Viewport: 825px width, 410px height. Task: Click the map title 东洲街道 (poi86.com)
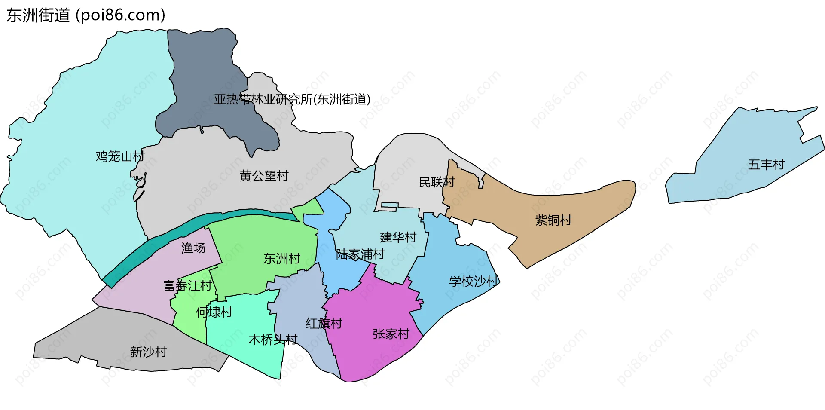coord(86,15)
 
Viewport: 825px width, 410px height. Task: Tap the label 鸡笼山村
coord(120,156)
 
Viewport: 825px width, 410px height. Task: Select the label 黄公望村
coord(264,176)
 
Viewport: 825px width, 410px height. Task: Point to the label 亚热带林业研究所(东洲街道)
coord(292,100)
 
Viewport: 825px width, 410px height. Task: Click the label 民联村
coord(437,182)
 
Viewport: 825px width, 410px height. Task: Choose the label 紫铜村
coord(553,220)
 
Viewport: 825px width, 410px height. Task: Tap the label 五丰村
coord(766,165)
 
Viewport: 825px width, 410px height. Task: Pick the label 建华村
coord(398,237)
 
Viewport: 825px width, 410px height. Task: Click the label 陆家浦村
coord(360,254)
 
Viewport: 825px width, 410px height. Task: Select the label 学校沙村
coord(474,281)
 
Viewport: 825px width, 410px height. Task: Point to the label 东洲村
coord(281,259)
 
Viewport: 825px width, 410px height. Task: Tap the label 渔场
coord(193,248)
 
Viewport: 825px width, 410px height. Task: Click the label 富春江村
coord(188,286)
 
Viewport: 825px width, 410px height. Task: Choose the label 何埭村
coord(214,312)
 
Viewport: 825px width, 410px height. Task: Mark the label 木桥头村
coord(273,340)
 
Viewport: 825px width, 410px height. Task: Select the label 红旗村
coord(324,324)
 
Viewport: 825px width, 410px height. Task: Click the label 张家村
coord(391,334)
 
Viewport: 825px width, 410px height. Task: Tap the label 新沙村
coord(148,352)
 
